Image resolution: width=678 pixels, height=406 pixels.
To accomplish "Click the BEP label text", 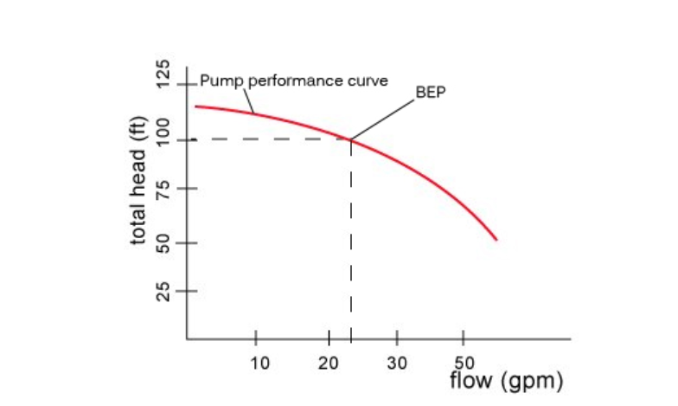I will pos(431,92).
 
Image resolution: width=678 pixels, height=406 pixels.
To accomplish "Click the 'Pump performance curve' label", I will pos(294,81).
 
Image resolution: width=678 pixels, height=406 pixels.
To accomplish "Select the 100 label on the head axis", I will pos(161,139).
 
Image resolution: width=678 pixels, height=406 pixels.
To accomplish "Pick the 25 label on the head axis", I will pos(161,293).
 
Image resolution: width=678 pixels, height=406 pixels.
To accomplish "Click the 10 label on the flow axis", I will pos(259,362).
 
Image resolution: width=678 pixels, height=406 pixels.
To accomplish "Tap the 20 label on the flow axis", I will pos(328,362).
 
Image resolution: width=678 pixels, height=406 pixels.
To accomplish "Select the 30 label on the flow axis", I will pos(397,362).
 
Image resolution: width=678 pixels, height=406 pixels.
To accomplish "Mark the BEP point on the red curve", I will pos(350,139).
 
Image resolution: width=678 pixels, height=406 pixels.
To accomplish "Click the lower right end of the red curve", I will pos(496,238).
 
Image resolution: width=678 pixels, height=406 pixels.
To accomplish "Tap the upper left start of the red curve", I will pos(196,106).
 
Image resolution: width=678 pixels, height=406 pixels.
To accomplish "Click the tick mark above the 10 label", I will pos(256,338).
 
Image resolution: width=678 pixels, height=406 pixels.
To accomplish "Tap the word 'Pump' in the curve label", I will pos(216,81).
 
